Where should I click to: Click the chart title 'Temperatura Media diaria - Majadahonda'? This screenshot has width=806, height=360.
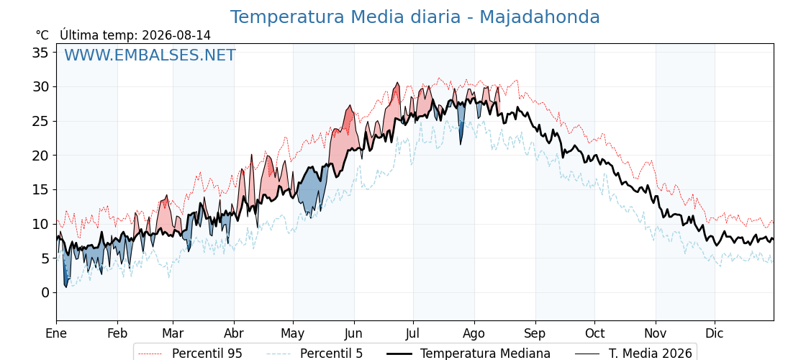(x=415, y=17)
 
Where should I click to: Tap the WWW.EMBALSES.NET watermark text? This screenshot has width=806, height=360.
(x=150, y=55)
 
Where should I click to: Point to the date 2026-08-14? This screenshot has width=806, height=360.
(x=176, y=35)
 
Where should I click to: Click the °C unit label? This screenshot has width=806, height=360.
(x=42, y=35)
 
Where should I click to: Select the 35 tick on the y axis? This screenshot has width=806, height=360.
(x=42, y=53)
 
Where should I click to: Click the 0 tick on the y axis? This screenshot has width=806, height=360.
(x=46, y=292)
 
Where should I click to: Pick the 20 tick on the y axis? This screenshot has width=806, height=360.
(x=42, y=156)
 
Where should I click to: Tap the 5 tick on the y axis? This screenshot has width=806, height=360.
(x=46, y=258)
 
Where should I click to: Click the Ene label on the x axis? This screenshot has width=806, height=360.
(x=56, y=334)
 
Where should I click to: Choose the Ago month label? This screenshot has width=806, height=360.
(x=474, y=334)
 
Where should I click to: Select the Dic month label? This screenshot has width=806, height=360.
(x=715, y=334)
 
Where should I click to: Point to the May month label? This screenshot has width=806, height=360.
(x=293, y=334)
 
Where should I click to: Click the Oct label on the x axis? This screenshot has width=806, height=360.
(x=594, y=334)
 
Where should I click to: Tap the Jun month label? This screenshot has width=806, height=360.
(x=353, y=334)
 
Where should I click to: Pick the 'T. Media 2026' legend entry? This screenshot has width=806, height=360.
(x=634, y=354)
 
